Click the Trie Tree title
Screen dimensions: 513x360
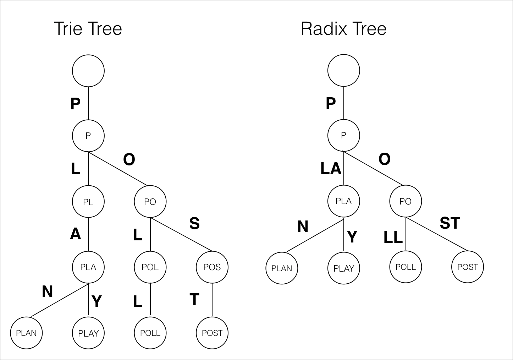[x=88, y=29]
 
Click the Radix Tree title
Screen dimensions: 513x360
[x=343, y=29]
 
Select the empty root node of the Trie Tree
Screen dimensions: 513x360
[x=88, y=71]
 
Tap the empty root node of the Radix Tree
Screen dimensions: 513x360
[x=344, y=70]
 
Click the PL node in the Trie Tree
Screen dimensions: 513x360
[x=88, y=202]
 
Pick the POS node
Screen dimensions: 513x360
[x=212, y=267]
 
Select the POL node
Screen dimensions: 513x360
[x=150, y=267]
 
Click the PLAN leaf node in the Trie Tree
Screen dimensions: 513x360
[x=26, y=333]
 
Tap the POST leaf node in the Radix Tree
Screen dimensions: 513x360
[x=468, y=267]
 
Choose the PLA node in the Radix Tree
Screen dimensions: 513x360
[x=344, y=201]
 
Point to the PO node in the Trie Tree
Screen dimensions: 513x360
[x=150, y=202]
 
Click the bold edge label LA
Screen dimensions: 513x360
[x=331, y=168]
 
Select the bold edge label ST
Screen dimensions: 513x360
[x=450, y=223]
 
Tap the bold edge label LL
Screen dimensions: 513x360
[x=393, y=237]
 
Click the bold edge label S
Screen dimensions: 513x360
[x=194, y=223]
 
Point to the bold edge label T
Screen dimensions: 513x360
[x=194, y=300]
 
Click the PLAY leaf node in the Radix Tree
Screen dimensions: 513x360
[x=344, y=268]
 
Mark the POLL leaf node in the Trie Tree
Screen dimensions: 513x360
[x=150, y=333]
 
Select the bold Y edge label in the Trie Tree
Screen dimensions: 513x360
[x=96, y=301]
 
